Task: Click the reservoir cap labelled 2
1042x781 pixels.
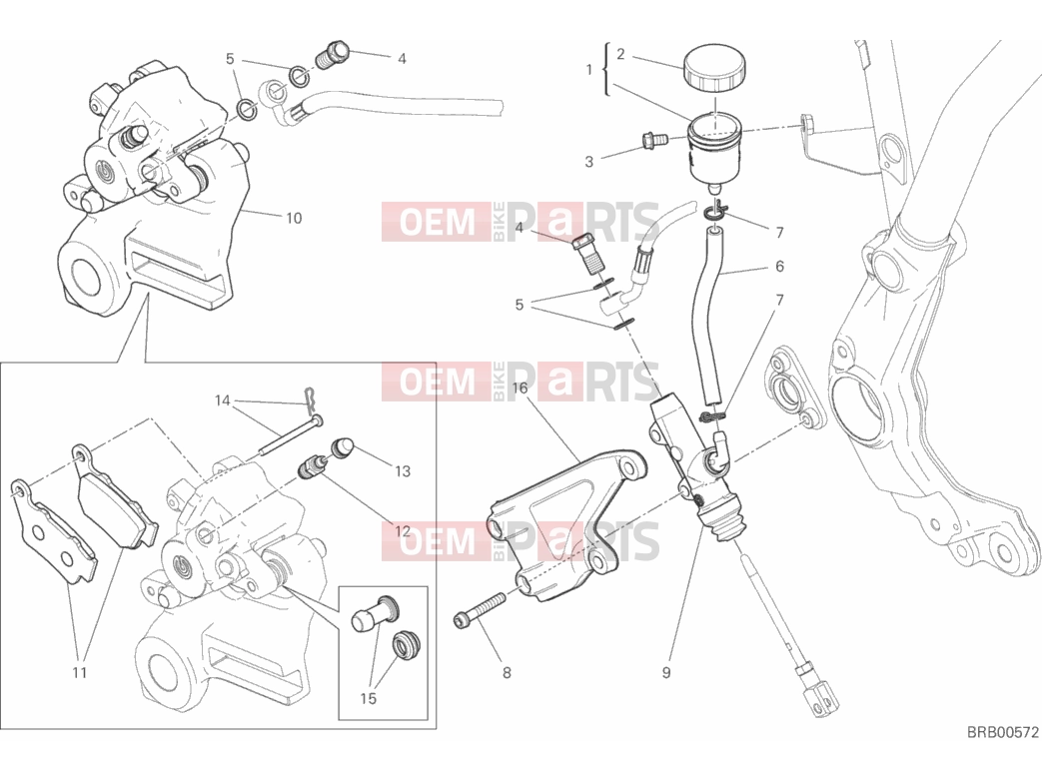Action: [x=714, y=68]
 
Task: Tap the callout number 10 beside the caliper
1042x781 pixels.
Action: [x=293, y=218]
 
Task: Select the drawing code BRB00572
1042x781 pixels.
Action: [x=1002, y=732]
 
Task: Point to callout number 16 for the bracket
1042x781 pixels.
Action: [x=520, y=388]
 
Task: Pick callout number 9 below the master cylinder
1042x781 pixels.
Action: [x=666, y=673]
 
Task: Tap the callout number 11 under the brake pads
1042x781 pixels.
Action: [x=80, y=673]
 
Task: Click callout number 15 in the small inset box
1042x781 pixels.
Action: [x=369, y=699]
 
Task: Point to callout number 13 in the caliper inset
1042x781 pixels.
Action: [x=403, y=471]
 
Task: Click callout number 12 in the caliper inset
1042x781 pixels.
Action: [x=402, y=531]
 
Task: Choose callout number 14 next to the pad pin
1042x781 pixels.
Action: [x=222, y=400]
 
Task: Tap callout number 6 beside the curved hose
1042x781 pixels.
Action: [x=779, y=267]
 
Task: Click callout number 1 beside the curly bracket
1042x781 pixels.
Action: [x=588, y=69]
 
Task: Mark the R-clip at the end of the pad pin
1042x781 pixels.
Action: [x=310, y=397]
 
